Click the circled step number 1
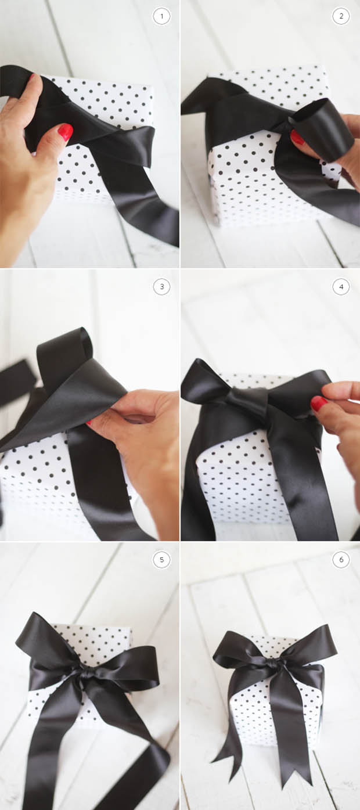pyautogui.click(x=161, y=16)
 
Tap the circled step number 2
pyautogui.click(x=341, y=16)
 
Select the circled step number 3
pyautogui.click(x=161, y=287)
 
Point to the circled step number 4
pyautogui.click(x=341, y=287)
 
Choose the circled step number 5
pyautogui.click(x=161, y=560)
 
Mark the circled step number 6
pyautogui.click(x=341, y=560)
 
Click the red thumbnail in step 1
pyautogui.click(x=66, y=132)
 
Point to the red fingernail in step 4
pyautogui.click(x=319, y=403)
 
